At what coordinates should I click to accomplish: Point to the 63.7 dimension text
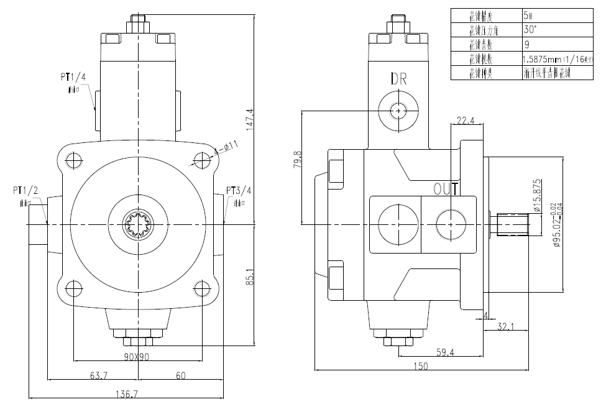click(94, 375)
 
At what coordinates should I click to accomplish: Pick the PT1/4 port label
click(73, 77)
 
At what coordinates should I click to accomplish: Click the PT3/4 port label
click(239, 190)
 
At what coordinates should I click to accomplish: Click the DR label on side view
click(398, 78)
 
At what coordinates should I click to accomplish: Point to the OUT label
click(447, 188)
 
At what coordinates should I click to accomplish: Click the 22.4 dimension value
click(466, 121)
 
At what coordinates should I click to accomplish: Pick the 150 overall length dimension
click(421, 367)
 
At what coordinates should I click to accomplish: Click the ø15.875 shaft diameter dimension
click(538, 196)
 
